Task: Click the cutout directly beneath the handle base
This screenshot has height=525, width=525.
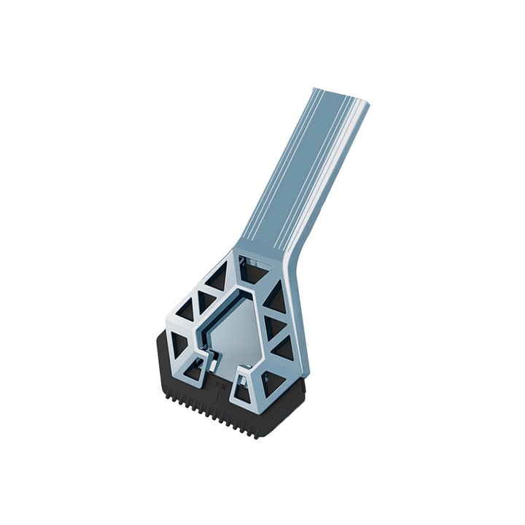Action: [x=252, y=272]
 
